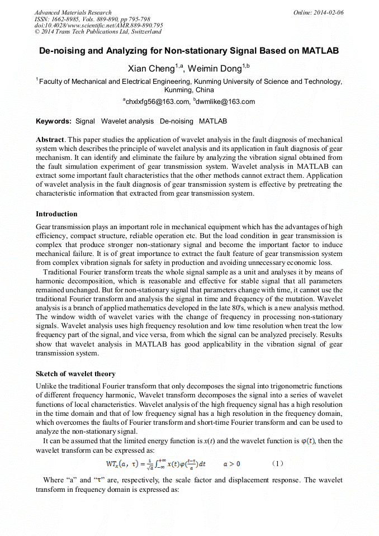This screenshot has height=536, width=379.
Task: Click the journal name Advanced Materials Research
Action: tap(73, 12)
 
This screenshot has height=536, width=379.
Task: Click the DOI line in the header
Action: tap(98, 25)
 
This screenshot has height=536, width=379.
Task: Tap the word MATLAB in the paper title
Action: tap(320, 51)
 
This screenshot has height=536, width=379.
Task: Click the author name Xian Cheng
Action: tap(151, 69)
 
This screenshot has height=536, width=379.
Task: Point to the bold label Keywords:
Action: tap(54, 121)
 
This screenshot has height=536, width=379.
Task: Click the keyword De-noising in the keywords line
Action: tap(176, 121)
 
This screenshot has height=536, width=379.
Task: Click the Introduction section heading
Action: tap(56, 214)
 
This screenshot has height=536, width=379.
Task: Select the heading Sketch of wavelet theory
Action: tap(75, 374)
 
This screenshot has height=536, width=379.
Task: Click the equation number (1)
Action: tap(277, 464)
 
